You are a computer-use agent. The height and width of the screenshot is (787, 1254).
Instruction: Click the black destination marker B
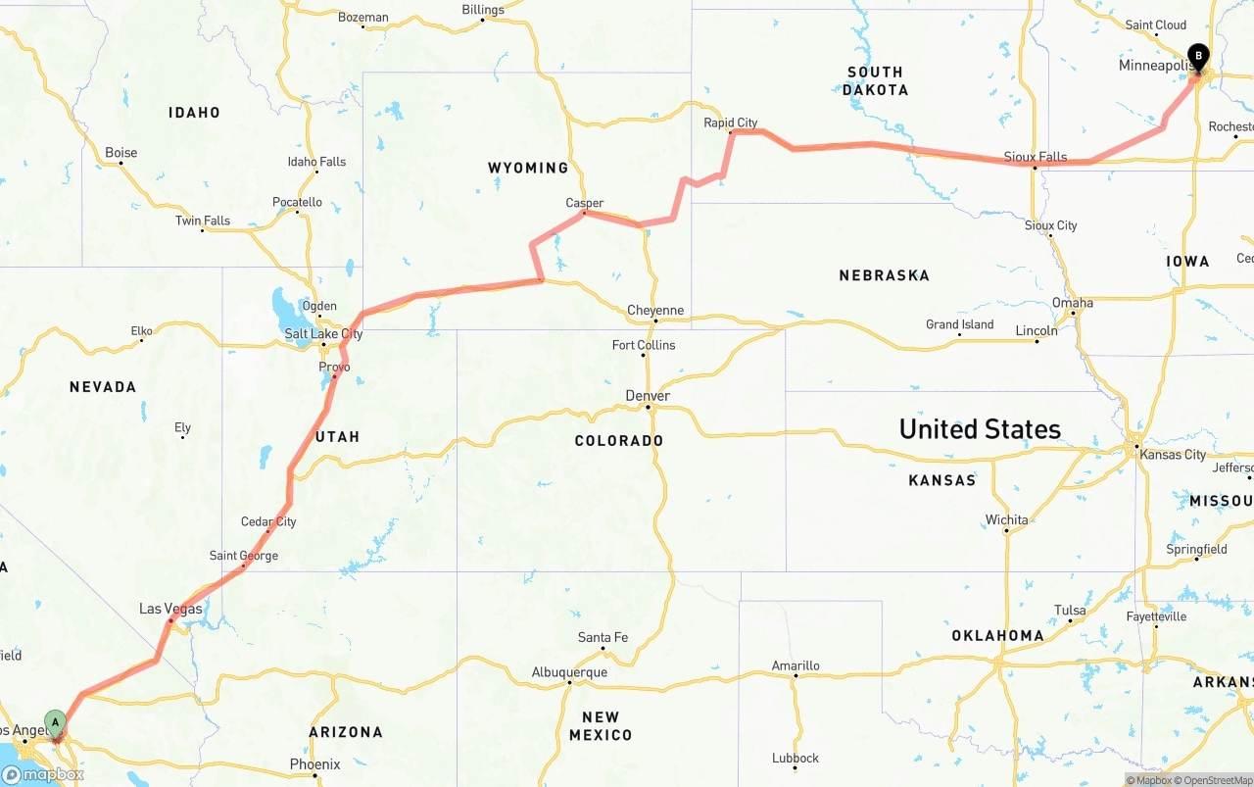tap(1197, 57)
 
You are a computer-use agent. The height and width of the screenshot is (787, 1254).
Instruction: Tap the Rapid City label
tap(731, 123)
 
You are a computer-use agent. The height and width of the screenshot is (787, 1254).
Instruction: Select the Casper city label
tap(585, 203)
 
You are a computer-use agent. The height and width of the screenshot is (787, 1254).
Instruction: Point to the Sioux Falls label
tap(1036, 157)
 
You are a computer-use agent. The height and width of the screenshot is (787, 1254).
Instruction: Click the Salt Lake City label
tap(323, 334)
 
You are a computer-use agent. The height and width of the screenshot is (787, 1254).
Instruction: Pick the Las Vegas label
tap(170, 609)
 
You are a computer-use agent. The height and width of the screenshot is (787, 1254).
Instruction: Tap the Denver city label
tap(648, 396)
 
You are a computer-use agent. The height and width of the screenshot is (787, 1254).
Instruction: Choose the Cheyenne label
tap(655, 311)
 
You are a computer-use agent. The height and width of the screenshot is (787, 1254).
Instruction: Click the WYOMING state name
tap(528, 168)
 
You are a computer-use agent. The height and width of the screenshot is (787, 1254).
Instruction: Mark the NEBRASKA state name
tap(884, 275)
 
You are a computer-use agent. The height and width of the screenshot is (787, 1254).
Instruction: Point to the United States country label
tap(980, 429)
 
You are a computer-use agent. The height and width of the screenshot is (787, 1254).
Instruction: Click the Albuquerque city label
tap(569, 672)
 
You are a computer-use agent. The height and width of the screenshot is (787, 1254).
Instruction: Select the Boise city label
tap(121, 153)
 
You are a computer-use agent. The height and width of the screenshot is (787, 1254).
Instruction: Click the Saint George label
tap(244, 556)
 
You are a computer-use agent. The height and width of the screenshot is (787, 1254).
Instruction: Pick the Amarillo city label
tap(796, 665)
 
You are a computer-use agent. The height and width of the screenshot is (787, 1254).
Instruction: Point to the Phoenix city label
tap(315, 764)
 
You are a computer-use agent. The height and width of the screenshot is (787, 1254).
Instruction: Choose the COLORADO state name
tap(619, 441)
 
